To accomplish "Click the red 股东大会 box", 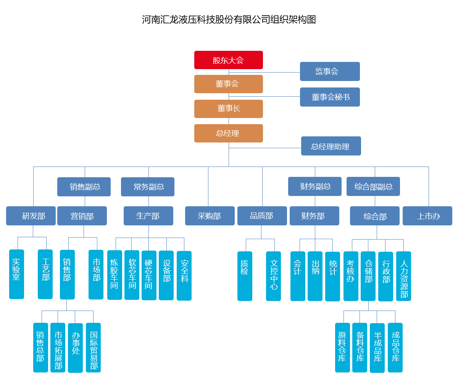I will click(x=228, y=60).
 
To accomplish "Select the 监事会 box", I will click(x=330, y=71).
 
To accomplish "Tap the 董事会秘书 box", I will click(x=330, y=97).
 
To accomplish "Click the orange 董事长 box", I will click(x=228, y=109).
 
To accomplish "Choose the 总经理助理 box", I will click(x=331, y=146).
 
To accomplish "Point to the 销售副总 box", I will click(x=84, y=187).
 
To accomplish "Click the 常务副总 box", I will click(x=148, y=187).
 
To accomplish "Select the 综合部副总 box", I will click(x=373, y=186).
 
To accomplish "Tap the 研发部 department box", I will click(x=31, y=216).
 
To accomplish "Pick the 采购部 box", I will click(x=210, y=216).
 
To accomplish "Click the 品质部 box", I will click(x=262, y=216).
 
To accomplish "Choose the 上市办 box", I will click(x=427, y=216).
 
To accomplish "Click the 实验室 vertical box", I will click(x=16, y=274).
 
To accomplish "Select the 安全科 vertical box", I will click(x=184, y=276).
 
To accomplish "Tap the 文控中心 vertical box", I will click(x=273, y=276).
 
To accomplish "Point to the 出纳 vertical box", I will click(x=315, y=276).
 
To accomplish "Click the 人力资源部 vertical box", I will click(x=403, y=276).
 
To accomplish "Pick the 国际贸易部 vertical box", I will click(x=93, y=348).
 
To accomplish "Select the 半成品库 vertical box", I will click(x=377, y=348).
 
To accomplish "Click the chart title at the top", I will click(x=229, y=19).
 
